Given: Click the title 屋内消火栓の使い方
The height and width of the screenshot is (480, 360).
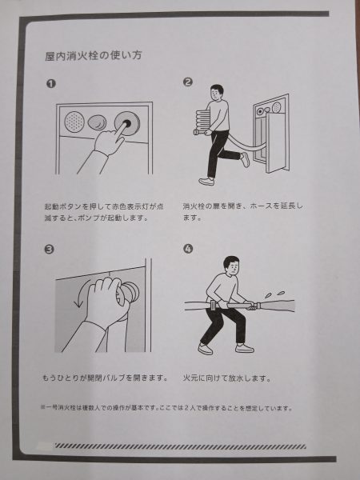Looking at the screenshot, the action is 94,56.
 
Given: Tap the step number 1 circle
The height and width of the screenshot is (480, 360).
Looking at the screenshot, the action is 51,83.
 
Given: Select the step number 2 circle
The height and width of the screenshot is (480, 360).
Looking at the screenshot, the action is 188,82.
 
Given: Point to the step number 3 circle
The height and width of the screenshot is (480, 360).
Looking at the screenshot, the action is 49,249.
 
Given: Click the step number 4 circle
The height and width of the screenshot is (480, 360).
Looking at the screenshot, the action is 188,249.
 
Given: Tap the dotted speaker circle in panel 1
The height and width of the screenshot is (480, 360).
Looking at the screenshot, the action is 74,122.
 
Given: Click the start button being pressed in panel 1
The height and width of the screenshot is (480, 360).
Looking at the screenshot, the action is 127,123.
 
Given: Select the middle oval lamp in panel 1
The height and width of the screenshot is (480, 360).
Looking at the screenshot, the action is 98,122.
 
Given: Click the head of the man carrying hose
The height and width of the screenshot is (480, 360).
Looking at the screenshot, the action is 217,93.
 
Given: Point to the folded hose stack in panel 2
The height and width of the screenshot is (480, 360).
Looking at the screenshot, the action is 202,122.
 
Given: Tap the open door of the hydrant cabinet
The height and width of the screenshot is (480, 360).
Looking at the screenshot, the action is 277,142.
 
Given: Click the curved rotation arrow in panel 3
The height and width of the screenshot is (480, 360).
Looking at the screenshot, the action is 81,294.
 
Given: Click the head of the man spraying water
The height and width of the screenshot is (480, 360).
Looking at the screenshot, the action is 231,265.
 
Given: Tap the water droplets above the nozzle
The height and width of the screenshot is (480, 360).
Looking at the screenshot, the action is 274,294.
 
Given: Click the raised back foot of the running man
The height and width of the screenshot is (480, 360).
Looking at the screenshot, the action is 245,159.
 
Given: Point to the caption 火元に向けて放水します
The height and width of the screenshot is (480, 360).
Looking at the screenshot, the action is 227,378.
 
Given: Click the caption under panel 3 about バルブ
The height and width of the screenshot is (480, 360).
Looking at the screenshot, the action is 105,378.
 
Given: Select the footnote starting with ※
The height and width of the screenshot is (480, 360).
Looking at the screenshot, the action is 166,408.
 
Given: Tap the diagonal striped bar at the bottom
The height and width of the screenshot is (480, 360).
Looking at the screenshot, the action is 180,446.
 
